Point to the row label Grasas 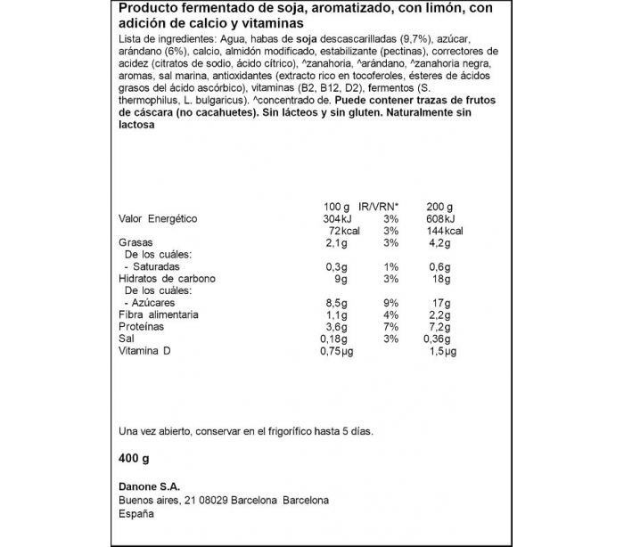(x=136, y=242)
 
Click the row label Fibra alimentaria (x=159, y=315)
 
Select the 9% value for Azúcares (x=389, y=303)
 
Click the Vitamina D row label (x=144, y=352)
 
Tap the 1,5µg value (x=443, y=352)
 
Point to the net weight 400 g (x=134, y=458)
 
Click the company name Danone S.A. (x=149, y=486)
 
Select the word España (x=137, y=515)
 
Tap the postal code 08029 (x=217, y=501)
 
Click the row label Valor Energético (x=158, y=219)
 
